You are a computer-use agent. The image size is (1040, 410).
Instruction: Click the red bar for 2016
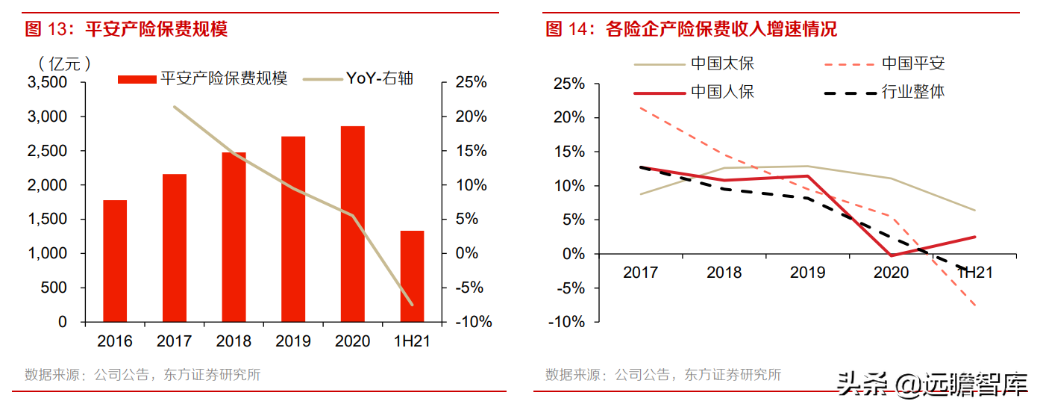click(x=115, y=261)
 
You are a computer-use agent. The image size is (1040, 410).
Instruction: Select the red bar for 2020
click(x=353, y=224)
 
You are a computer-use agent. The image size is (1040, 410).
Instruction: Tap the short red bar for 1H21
click(x=412, y=276)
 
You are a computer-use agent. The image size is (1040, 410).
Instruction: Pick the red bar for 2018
click(x=234, y=237)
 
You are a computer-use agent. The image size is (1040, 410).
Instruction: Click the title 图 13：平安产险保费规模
click(x=126, y=29)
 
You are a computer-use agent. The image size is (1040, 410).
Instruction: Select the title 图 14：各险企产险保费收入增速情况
click(x=691, y=29)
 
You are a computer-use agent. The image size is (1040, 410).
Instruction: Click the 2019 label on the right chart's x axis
click(x=807, y=273)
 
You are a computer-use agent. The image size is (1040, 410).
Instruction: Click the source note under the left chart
click(x=142, y=375)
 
